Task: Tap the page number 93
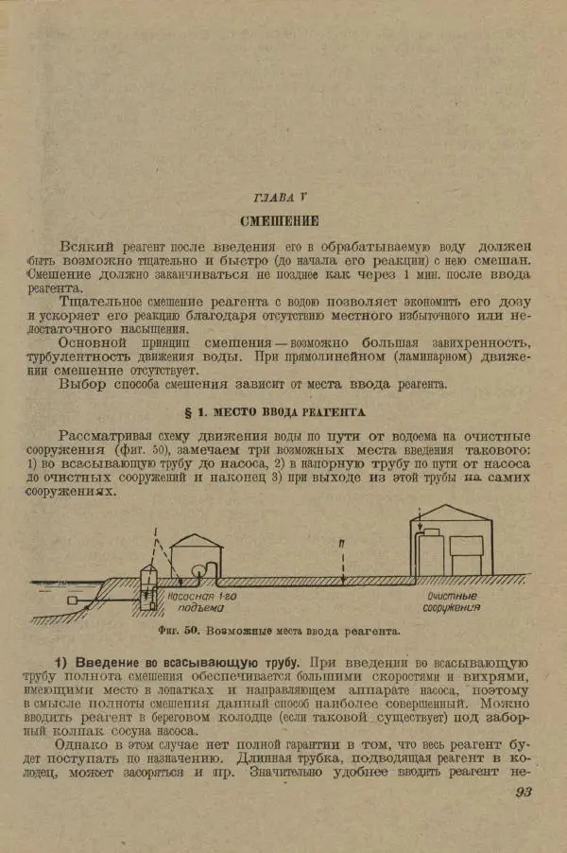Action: pyautogui.click(x=524, y=791)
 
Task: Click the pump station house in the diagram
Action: pyautogui.click(x=197, y=556)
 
